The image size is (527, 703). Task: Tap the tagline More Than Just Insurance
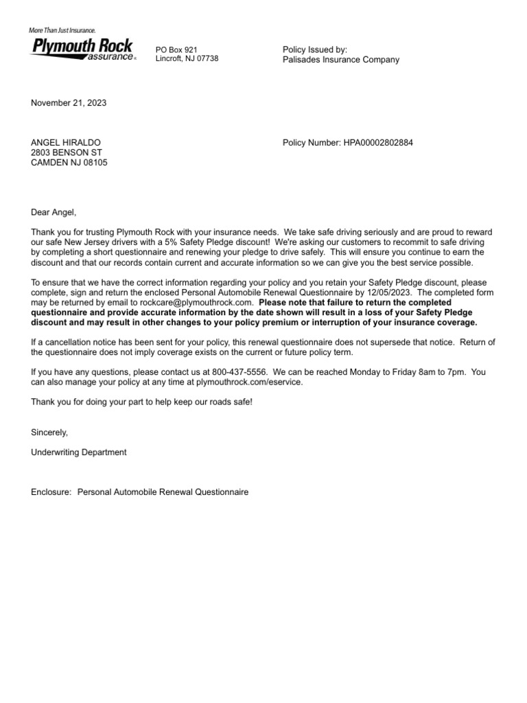pyautogui.click(x=62, y=30)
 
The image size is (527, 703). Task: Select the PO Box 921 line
pyautogui.click(x=176, y=49)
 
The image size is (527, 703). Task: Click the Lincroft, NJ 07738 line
pyautogui.click(x=187, y=59)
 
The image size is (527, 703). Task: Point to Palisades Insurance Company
pyautogui.click(x=340, y=60)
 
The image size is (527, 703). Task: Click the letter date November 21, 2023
pyautogui.click(x=69, y=103)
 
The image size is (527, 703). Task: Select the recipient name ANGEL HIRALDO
pyautogui.click(x=66, y=143)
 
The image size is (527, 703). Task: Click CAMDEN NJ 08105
pyautogui.click(x=69, y=163)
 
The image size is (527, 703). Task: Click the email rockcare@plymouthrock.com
pyautogui.click(x=197, y=302)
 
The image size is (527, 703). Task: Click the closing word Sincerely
pyautogui.click(x=49, y=432)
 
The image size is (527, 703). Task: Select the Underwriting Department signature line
pyautogui.click(x=79, y=452)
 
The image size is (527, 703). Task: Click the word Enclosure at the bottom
pyautogui.click(x=51, y=492)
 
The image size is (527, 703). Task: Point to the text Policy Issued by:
pyautogui.click(x=315, y=49)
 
